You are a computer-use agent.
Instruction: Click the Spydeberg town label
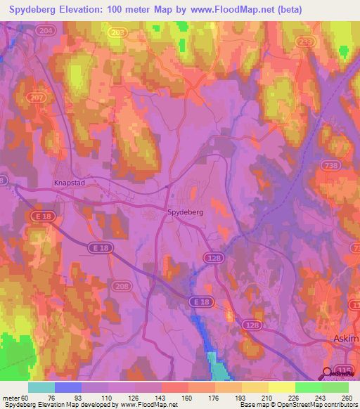tap(186, 212)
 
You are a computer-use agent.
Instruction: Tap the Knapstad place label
tap(68, 182)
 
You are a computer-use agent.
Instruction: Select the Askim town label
tap(345, 339)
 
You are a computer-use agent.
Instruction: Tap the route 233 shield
tap(305, 42)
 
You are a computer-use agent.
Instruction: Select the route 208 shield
tap(121, 287)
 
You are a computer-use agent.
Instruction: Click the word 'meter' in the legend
tap(12, 398)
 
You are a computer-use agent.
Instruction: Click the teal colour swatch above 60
tap(41, 387)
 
